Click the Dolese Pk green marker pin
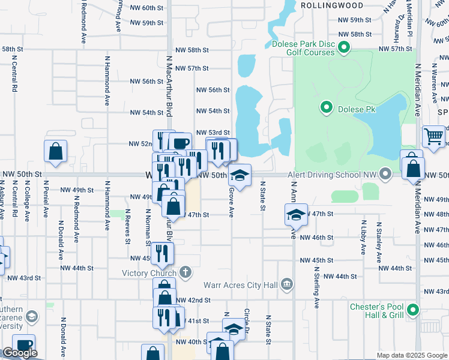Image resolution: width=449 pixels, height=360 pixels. pyautogui.click(x=327, y=108)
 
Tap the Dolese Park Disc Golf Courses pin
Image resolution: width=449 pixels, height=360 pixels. pyautogui.click(x=344, y=47)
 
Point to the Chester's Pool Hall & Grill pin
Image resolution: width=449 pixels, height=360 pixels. pyautogui.click(x=412, y=310)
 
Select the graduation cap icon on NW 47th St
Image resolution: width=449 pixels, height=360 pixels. pyautogui.click(x=296, y=215)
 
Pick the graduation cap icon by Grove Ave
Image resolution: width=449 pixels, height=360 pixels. pyautogui.click(x=240, y=175)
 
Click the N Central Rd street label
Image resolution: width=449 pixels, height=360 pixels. pyautogui.click(x=13, y=73)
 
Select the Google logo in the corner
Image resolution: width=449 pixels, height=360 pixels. pyautogui.click(x=20, y=353)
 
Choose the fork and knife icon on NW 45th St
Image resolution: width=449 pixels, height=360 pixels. pyautogui.click(x=160, y=252)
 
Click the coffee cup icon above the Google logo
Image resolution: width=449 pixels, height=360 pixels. pyautogui.click(x=23, y=345)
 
